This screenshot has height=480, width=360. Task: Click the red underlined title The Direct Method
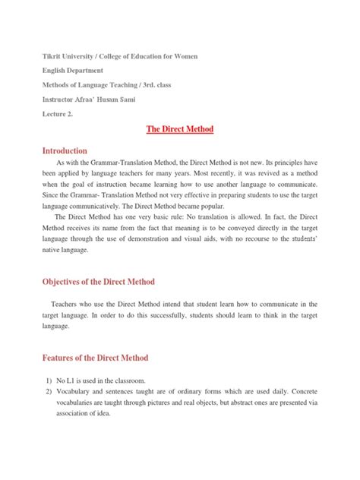click(x=180, y=130)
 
